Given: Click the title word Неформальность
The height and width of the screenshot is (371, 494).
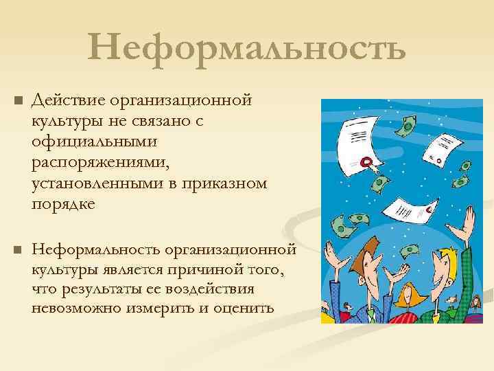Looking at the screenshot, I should (x=246, y=49).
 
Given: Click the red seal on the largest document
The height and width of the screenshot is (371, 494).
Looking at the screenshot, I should (x=366, y=163).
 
